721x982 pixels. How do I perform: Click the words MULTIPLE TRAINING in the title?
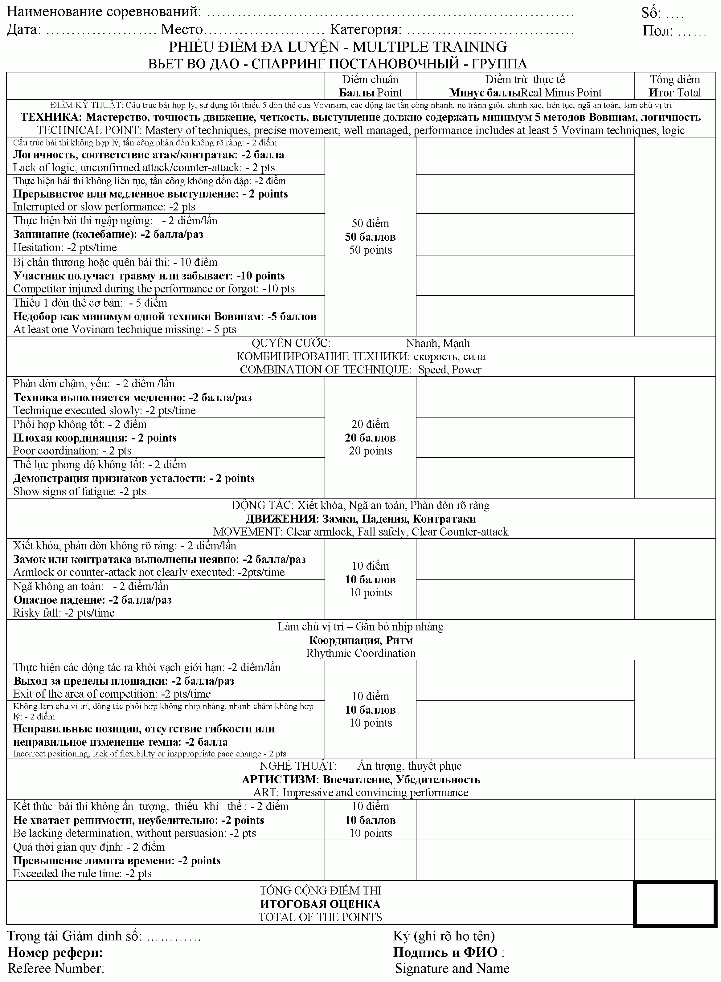coord(430,47)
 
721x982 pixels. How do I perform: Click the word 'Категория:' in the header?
coord(366,30)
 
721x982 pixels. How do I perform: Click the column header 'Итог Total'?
coord(675,92)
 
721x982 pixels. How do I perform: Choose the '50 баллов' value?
coord(370,237)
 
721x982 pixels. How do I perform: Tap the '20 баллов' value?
coord(370,438)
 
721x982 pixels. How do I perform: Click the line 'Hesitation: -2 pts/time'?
coord(65,247)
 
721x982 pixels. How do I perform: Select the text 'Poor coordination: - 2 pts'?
coord(72,451)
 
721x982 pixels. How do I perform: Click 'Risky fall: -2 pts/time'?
coord(64,613)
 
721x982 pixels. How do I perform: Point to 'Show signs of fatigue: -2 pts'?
coord(80,491)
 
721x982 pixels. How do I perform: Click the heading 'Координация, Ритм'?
coord(361,640)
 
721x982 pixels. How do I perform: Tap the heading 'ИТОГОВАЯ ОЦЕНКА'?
coord(320,904)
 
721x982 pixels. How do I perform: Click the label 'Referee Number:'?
coord(56,968)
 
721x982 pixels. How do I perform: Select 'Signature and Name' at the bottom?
coord(452,968)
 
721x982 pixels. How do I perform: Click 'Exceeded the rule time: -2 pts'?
coord(82,873)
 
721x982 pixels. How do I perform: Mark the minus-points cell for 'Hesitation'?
coord(525,234)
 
